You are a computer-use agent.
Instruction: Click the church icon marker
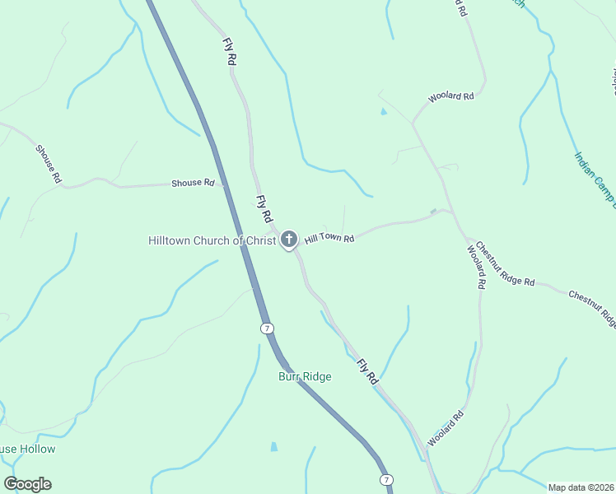[x=288, y=240]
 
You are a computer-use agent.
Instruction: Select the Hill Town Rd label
[x=329, y=239]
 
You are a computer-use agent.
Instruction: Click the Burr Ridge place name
[x=304, y=377]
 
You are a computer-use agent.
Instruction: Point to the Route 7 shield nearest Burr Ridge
[x=267, y=328]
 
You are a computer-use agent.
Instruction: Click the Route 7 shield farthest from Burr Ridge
[x=386, y=479]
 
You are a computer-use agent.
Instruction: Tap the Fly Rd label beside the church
[x=264, y=209]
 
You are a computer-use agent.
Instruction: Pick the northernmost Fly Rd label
[x=230, y=52]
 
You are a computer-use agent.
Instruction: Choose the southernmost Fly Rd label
[x=367, y=372]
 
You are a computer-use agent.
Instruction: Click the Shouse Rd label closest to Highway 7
[x=193, y=183]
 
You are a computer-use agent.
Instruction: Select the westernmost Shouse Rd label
[x=49, y=164]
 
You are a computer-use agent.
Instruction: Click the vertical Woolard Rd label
[x=475, y=266]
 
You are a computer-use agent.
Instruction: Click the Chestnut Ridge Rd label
[x=505, y=264]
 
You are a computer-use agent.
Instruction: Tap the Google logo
[x=27, y=484]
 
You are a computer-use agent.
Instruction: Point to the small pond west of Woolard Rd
[x=383, y=111]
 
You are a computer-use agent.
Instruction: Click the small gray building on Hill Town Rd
[x=433, y=212]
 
